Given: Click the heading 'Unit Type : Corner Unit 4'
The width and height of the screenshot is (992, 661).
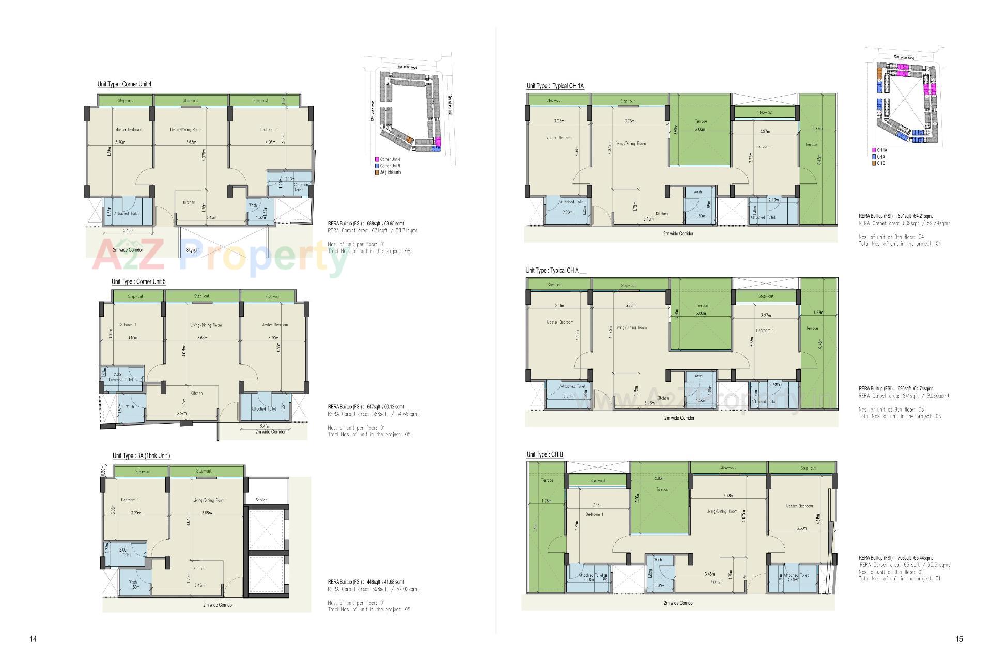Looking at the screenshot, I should (124, 84).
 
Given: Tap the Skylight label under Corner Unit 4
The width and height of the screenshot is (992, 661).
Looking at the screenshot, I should (193, 250).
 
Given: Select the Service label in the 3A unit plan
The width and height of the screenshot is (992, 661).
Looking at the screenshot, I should (261, 500).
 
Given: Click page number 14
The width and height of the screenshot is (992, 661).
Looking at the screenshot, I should (33, 639).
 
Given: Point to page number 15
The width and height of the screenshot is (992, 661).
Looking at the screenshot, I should (959, 639).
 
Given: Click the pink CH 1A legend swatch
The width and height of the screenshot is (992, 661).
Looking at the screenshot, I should (874, 150).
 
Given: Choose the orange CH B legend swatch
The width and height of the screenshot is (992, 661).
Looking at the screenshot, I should (874, 163).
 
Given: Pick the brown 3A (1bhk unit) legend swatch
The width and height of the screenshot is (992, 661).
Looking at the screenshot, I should (377, 172).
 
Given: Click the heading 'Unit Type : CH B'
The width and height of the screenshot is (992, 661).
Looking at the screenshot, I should (545, 455).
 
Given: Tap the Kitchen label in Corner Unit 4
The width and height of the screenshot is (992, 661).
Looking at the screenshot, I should (189, 203).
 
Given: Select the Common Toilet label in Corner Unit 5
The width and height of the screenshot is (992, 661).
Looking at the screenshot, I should (121, 380).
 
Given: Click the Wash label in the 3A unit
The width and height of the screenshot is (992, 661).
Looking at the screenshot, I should (133, 582).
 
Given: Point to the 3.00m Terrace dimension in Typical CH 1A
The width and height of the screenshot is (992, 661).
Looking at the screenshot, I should (700, 129).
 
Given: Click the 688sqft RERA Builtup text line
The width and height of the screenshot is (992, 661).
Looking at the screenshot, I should (366, 224).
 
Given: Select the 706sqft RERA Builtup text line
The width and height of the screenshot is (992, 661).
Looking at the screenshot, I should (895, 558).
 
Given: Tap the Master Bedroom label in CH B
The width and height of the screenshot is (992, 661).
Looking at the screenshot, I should (799, 506).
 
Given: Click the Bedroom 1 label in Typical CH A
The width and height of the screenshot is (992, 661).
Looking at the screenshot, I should (765, 330).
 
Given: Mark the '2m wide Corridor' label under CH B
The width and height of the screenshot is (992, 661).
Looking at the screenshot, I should (679, 603).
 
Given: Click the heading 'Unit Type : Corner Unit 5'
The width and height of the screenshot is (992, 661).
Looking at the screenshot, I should (138, 282).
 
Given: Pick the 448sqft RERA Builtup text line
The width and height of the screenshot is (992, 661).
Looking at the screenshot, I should (366, 582).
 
